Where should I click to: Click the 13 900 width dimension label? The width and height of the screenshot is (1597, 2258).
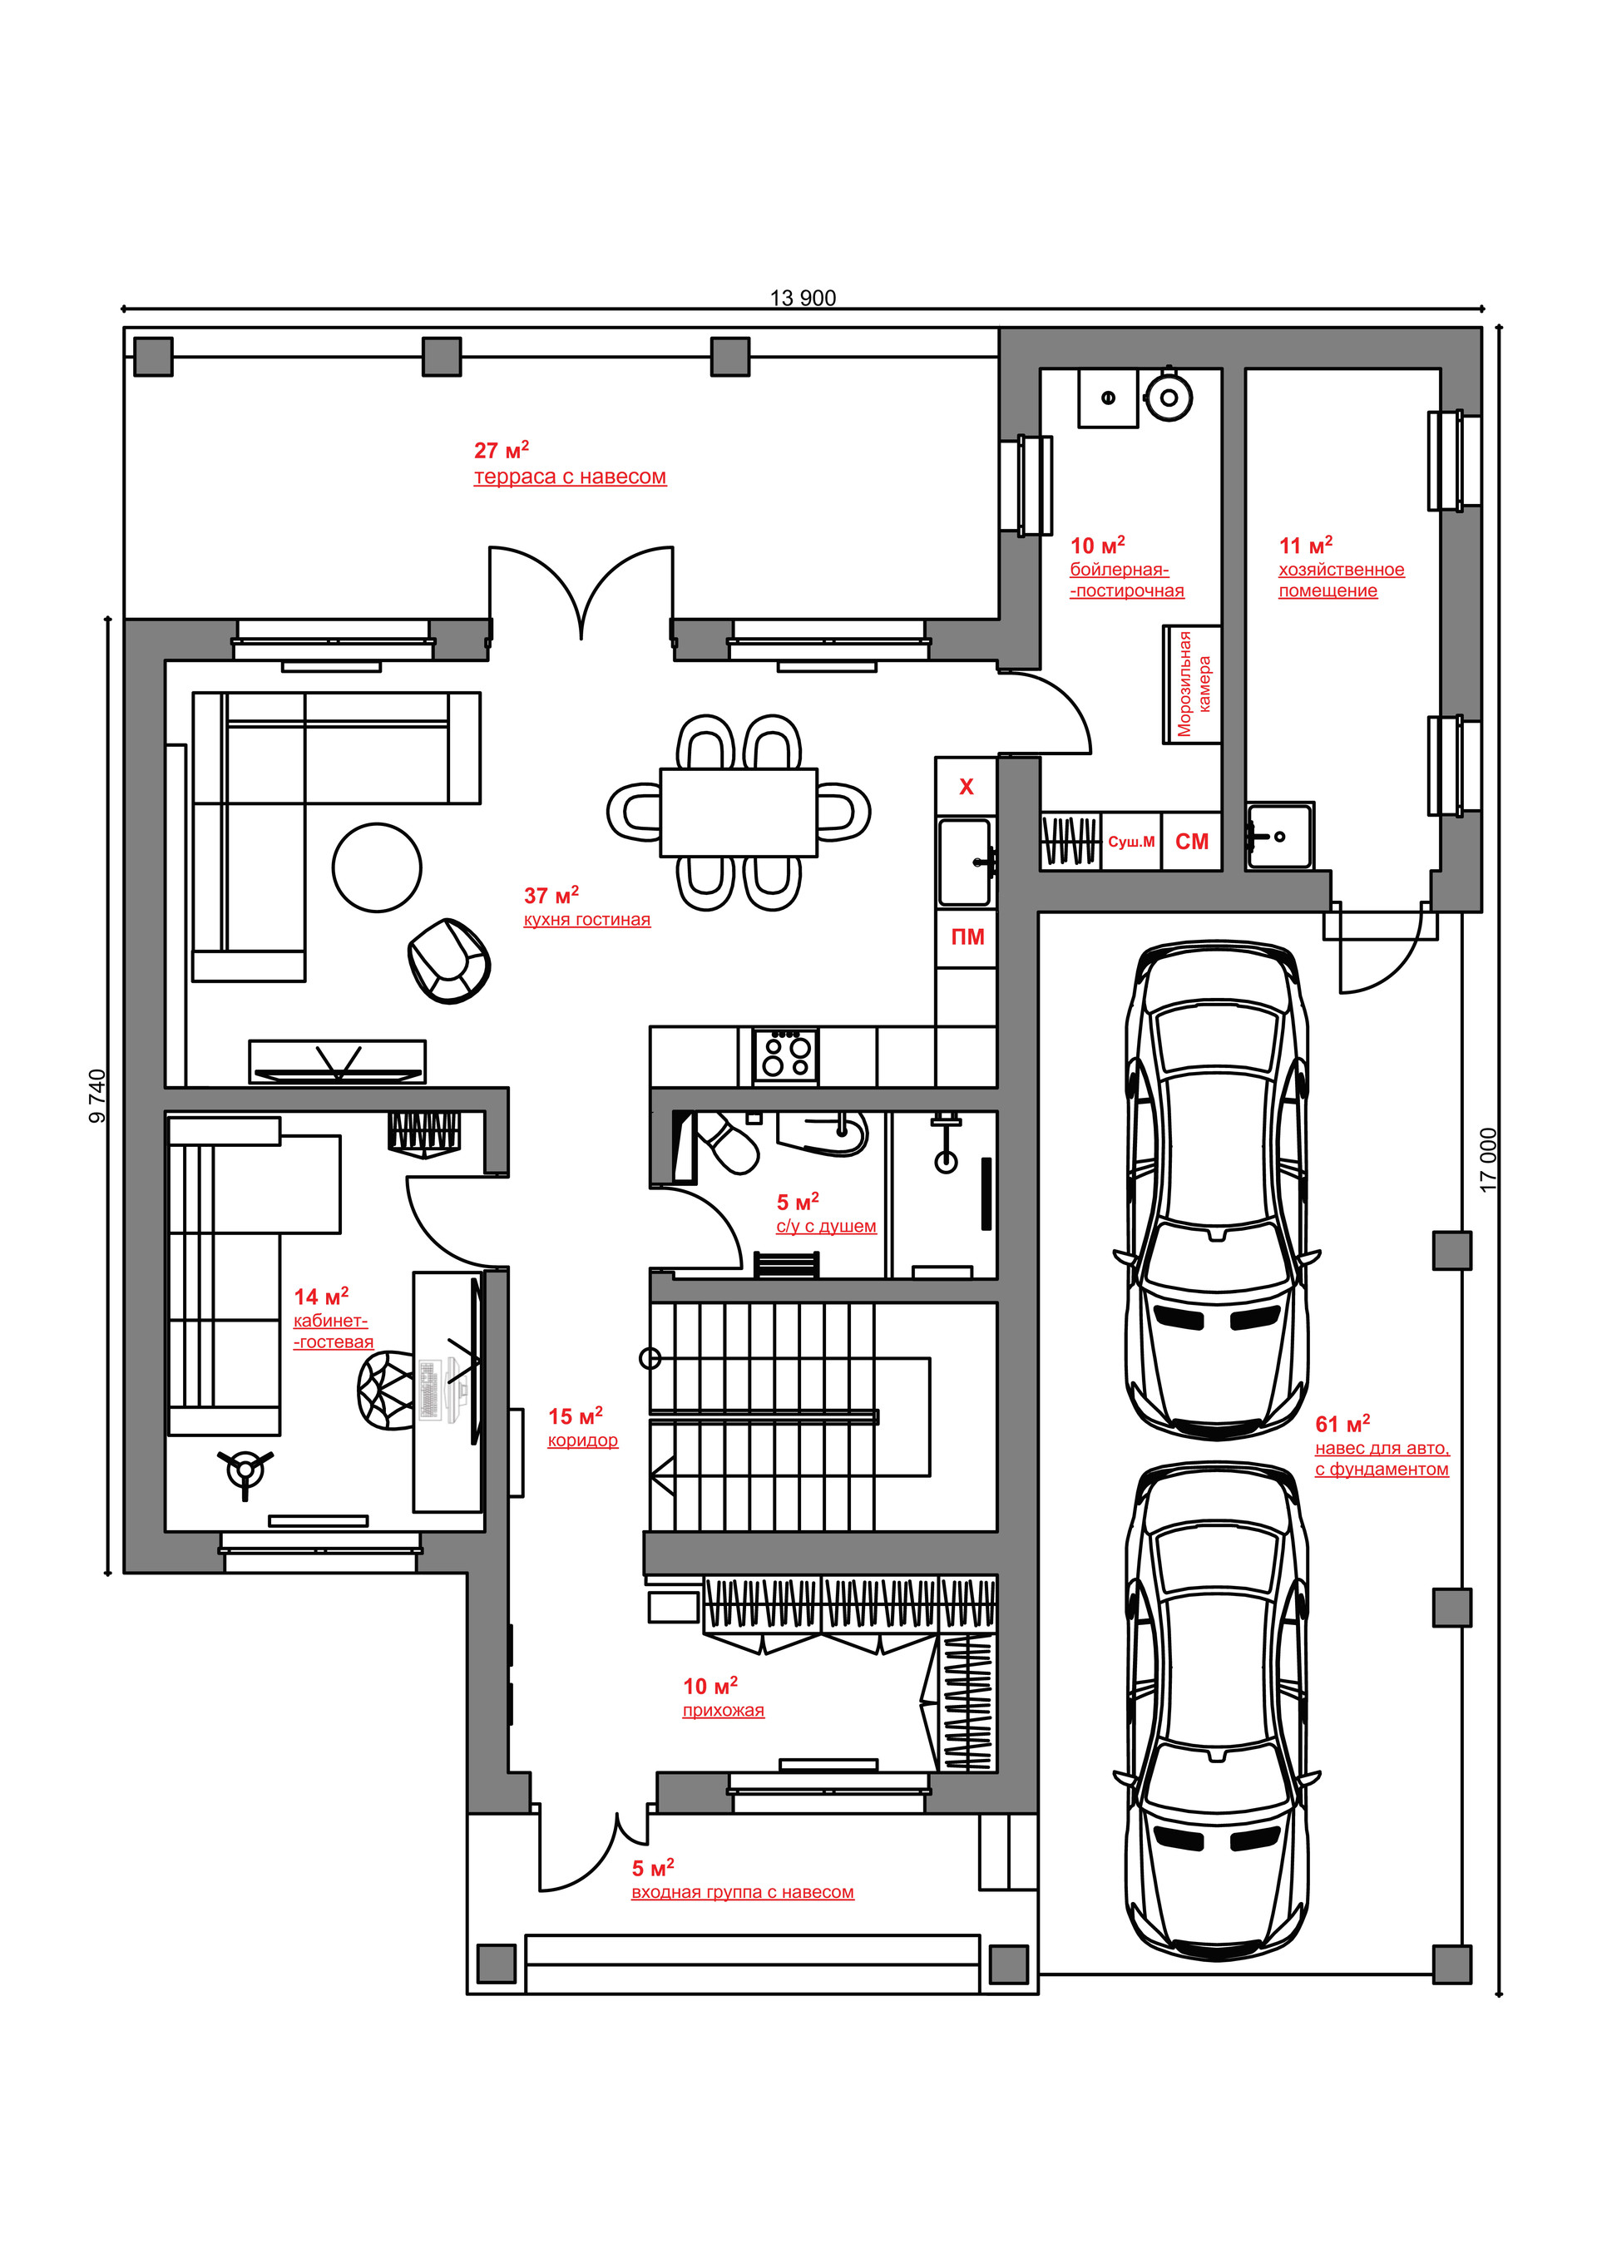pyautogui.click(x=803, y=298)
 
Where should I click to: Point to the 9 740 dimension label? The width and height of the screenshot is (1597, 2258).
pyautogui.click(x=97, y=1096)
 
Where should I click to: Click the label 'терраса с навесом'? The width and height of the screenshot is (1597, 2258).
pyautogui.click(x=571, y=477)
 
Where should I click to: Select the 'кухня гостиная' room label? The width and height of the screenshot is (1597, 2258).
pyautogui.click(x=587, y=920)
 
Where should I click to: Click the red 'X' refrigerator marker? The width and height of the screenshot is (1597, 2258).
pyautogui.click(x=967, y=787)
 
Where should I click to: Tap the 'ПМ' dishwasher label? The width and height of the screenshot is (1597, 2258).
pyautogui.click(x=967, y=937)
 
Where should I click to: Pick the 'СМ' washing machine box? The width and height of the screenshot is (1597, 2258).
pyautogui.click(x=1192, y=842)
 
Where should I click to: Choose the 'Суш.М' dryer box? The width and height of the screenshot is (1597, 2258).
pyautogui.click(x=1131, y=842)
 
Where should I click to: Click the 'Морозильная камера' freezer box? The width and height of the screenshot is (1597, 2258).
pyautogui.click(x=1193, y=684)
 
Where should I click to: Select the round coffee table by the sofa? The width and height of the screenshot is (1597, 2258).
pyautogui.click(x=377, y=867)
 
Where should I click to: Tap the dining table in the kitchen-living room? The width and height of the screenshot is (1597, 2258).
pyautogui.click(x=739, y=813)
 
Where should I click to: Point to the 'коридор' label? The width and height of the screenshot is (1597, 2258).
pyautogui.click(x=583, y=1440)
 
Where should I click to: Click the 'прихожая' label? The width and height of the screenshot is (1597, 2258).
pyautogui.click(x=724, y=1710)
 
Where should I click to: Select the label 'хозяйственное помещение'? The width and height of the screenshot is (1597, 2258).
pyautogui.click(x=1342, y=581)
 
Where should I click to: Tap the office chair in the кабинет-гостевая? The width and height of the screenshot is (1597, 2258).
pyautogui.click(x=388, y=1391)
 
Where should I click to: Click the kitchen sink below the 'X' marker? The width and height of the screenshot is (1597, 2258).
pyautogui.click(x=966, y=862)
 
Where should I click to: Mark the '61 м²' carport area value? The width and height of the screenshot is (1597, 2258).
pyautogui.click(x=1342, y=1423)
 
